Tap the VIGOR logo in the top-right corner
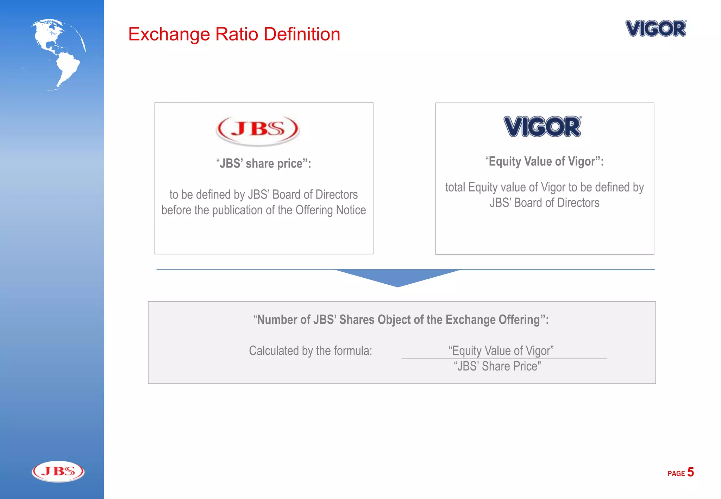point(656,29)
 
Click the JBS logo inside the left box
point(258,130)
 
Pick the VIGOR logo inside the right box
point(543,127)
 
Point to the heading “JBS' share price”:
point(264,164)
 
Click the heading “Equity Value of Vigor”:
point(544,162)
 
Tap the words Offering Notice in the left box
point(331,210)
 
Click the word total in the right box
point(455,188)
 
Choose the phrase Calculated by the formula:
point(311,351)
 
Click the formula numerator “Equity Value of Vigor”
point(501,350)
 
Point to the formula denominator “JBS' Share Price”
point(497,366)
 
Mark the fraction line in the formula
point(504,359)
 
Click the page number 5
point(690,472)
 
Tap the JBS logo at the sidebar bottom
point(58,471)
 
